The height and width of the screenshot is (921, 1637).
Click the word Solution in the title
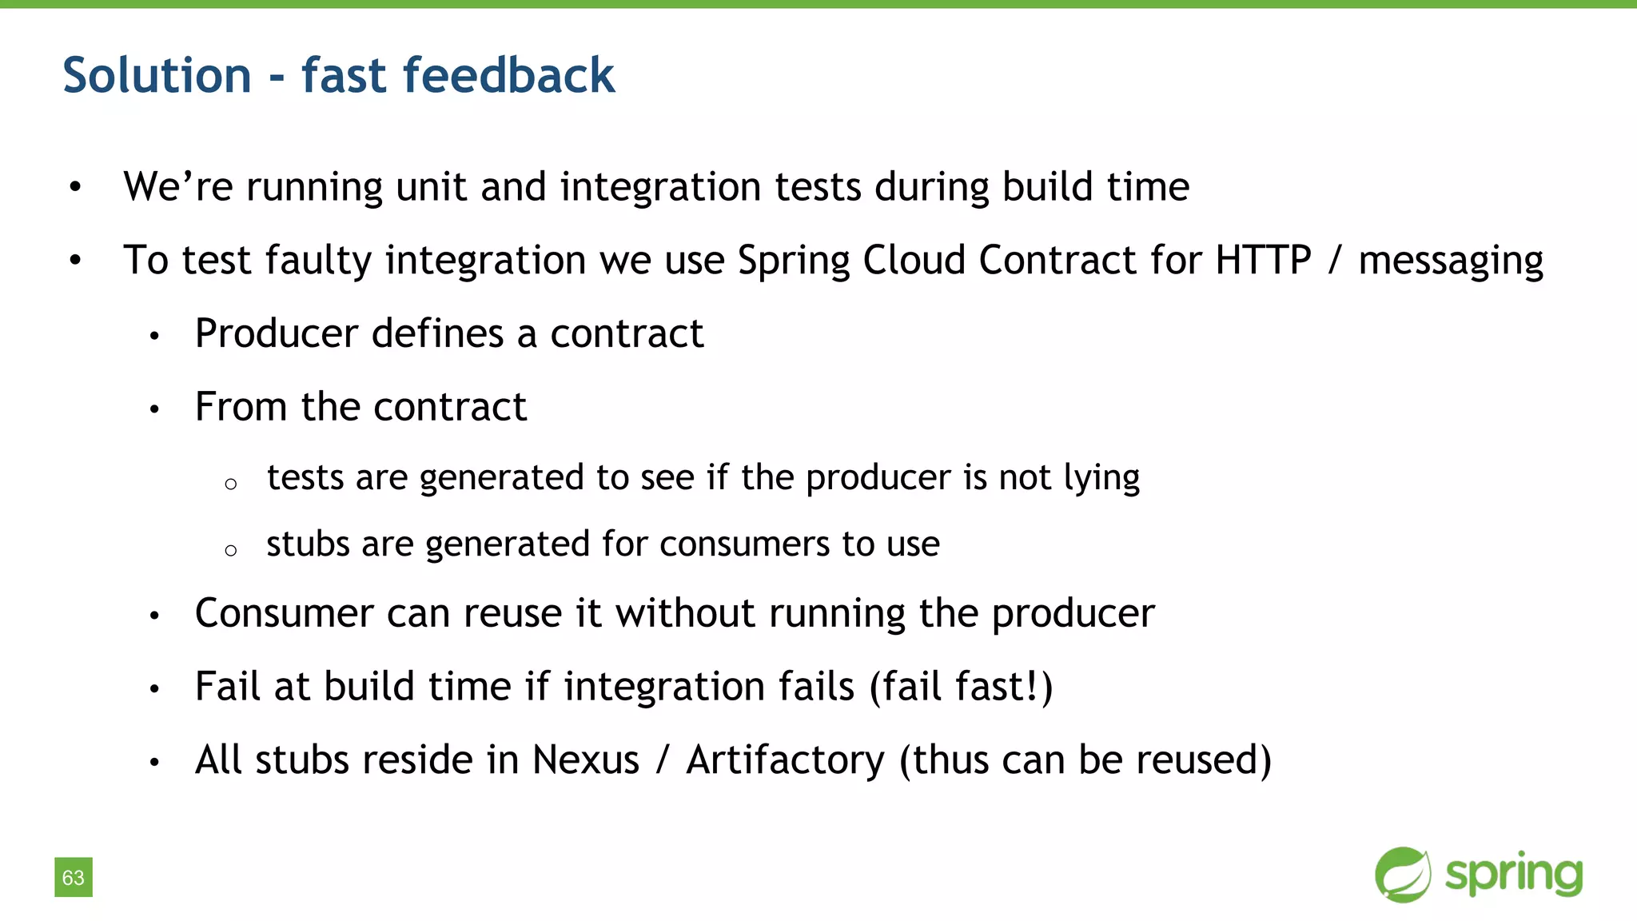157,76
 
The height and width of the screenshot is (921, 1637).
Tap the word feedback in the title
508,76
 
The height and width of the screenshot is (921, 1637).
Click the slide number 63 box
74,877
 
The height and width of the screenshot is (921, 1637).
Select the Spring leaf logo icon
1403,875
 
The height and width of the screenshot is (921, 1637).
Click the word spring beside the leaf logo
1514,875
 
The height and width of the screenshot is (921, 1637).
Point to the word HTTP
1263,261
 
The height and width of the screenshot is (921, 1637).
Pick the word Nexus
585,760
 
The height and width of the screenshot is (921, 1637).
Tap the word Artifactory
785,761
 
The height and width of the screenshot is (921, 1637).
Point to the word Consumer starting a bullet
284,614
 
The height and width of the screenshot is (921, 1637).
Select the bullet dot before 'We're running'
75,188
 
